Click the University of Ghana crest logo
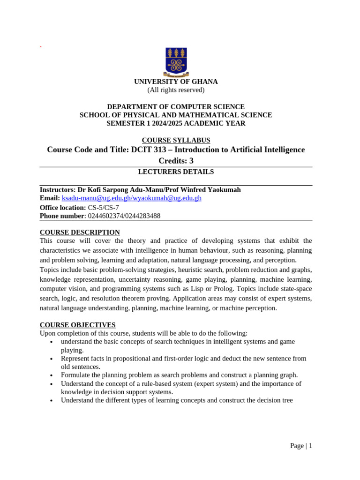pyautogui.click(x=176, y=62)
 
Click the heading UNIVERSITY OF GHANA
pyautogui.click(x=176, y=82)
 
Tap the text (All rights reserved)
pyautogui.click(x=176, y=90)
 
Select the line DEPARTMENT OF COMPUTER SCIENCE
pyautogui.click(x=176, y=107)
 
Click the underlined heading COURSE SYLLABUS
pyautogui.click(x=176, y=140)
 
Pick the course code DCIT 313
pyautogui.click(x=148, y=150)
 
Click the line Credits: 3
pyautogui.click(x=176, y=161)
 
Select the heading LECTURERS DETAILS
pyautogui.click(x=176, y=172)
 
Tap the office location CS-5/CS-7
pyautogui.click(x=104, y=208)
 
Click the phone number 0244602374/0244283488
pyautogui.click(x=124, y=216)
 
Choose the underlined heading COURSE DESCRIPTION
pyautogui.click(x=80, y=232)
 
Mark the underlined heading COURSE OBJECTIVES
pyautogui.click(x=77, y=325)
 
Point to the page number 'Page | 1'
pyautogui.click(x=301, y=446)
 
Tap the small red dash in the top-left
pyautogui.click(x=41, y=47)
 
